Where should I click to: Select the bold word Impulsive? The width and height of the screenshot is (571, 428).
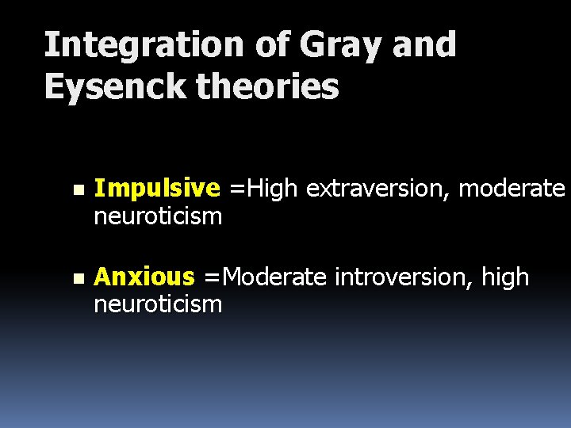tap(156, 189)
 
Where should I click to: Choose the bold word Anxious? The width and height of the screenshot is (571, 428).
tap(144, 277)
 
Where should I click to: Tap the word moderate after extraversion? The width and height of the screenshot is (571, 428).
tap(512, 189)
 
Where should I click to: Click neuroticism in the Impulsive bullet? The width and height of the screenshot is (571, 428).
tap(158, 215)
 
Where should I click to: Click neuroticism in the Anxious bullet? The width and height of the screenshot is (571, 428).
tap(158, 304)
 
